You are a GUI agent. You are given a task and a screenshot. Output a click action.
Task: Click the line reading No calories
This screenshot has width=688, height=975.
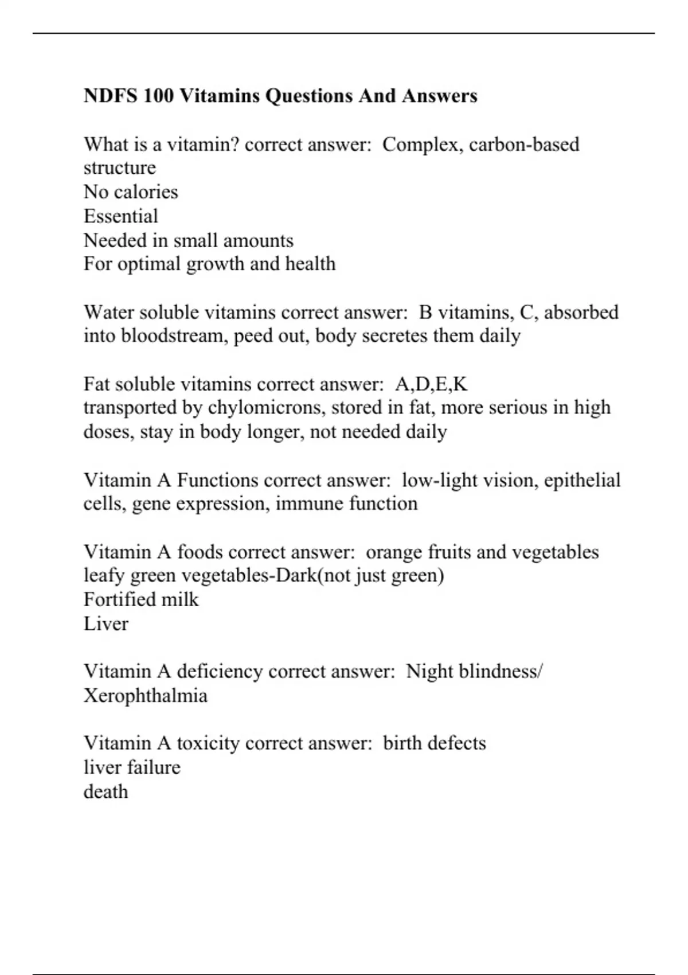(x=131, y=192)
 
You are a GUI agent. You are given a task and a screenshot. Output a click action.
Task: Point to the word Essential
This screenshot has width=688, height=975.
(x=120, y=216)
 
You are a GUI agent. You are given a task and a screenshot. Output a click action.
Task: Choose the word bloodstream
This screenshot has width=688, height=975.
(x=174, y=336)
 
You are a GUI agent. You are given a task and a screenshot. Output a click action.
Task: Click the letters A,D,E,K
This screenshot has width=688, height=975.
(x=431, y=384)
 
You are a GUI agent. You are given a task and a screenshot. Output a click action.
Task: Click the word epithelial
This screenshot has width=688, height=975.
(x=582, y=480)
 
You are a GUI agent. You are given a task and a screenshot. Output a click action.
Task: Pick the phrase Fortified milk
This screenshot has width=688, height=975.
(x=141, y=599)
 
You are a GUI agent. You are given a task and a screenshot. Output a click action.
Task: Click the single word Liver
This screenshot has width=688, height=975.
(x=106, y=623)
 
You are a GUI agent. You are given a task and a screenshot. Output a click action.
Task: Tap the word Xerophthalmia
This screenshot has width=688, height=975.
(x=146, y=696)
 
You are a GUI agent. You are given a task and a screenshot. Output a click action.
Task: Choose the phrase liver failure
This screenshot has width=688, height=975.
(x=132, y=767)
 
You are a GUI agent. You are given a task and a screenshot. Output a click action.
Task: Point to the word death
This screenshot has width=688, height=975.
(x=106, y=791)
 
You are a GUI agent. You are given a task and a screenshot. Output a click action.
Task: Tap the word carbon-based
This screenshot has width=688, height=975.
(x=524, y=144)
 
